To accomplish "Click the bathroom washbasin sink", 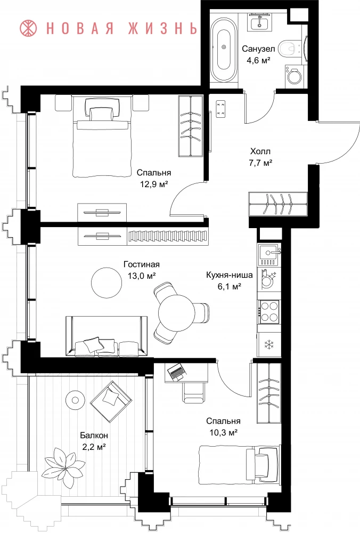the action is tap(260, 23).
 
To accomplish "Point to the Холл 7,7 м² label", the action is tap(260, 157).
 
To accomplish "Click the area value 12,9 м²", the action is tap(154, 184).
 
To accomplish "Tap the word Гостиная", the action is tap(141, 264).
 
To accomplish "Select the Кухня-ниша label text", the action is tap(229, 274).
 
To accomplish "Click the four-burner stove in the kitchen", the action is tap(269, 312).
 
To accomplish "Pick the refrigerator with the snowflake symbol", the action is tap(269, 344).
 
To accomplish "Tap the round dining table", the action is tap(176, 312).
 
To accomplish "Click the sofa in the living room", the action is tap(107, 336).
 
